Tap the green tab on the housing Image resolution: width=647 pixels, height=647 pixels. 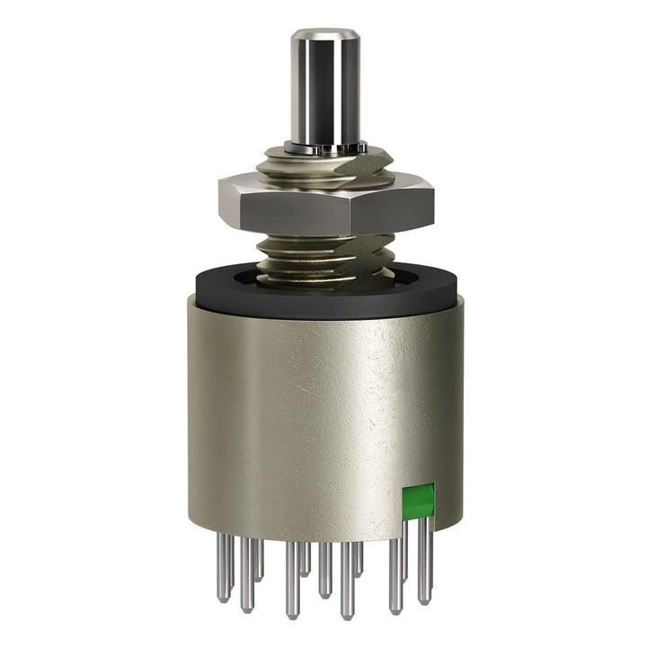click(418, 501)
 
